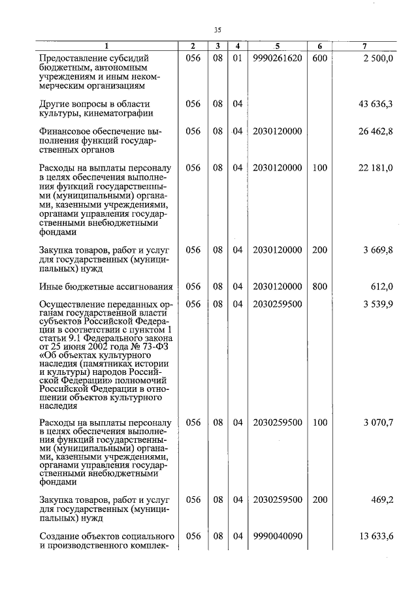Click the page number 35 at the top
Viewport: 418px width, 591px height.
click(217, 29)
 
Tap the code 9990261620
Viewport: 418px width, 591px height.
click(277, 58)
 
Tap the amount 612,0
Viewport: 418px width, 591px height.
click(382, 286)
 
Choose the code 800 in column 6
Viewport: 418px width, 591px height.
click(319, 286)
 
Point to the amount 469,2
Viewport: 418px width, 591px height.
click(382, 500)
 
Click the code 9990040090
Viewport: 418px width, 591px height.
click(277, 536)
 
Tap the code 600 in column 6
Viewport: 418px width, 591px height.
click(319, 58)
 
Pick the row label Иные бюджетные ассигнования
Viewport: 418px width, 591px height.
click(105, 286)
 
